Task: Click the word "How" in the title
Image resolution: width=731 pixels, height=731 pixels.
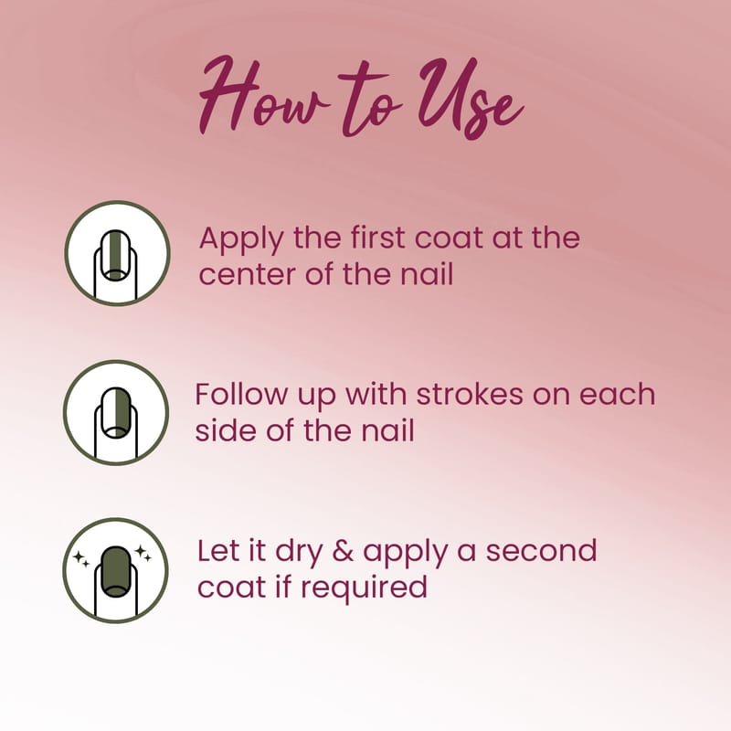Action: coord(263,96)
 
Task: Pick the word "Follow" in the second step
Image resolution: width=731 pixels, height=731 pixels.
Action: coord(241,394)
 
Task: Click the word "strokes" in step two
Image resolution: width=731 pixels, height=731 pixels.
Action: coord(470,394)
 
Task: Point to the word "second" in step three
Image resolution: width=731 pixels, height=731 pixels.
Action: coord(541,551)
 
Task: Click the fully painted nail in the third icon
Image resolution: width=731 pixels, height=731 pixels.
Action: coord(116,572)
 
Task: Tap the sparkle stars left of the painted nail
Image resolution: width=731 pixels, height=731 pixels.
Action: coord(81,558)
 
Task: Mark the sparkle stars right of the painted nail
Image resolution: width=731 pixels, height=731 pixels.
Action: coord(143,554)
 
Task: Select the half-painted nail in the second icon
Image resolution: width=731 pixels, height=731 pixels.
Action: coord(116,413)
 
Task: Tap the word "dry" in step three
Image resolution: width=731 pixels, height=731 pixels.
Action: coord(299,553)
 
